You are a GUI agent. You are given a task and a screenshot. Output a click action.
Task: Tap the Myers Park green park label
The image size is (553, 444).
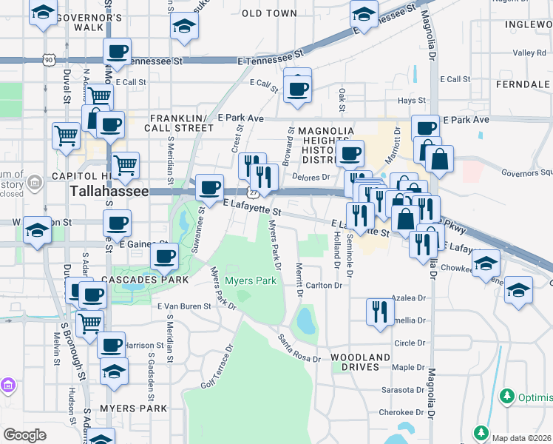(250, 281)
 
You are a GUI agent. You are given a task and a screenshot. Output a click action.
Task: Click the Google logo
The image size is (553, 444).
(24, 435)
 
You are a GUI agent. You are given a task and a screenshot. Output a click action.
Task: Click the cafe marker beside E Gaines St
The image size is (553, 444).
(163, 257)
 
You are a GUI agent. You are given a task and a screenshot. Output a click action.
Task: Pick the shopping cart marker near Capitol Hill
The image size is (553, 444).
(125, 164)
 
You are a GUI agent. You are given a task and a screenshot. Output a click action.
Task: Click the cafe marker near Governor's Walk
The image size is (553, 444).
(117, 51)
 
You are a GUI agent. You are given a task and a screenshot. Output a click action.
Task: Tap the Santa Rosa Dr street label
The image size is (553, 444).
(299, 348)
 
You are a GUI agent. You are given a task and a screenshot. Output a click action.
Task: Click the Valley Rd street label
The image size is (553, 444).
(530, 53)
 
